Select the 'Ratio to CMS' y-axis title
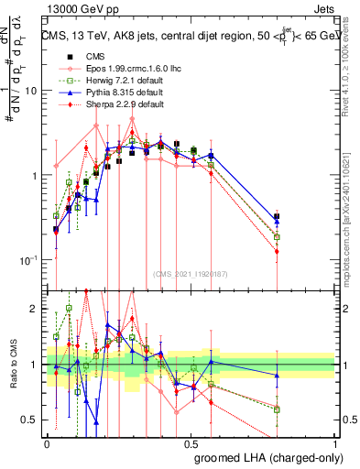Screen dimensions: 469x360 tap(14, 365)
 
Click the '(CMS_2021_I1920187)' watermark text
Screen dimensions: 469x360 tap(191, 272)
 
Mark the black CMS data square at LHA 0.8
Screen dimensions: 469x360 tap(277, 217)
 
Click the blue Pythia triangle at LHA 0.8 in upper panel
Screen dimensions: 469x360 tap(277, 221)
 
